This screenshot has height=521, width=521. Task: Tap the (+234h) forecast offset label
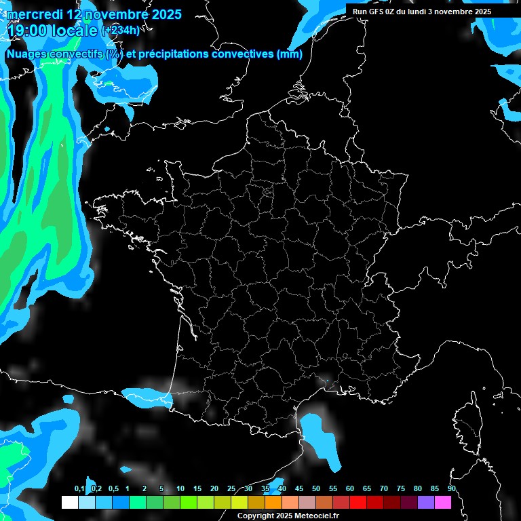tap(120, 30)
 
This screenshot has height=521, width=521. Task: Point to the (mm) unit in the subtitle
tap(289, 54)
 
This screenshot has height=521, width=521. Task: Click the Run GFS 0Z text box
tap(422, 12)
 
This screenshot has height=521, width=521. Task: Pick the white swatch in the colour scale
tap(69, 502)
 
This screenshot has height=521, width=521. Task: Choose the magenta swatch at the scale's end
tap(443, 502)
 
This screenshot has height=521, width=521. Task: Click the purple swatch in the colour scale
tap(426, 502)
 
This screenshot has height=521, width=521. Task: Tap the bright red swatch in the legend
tap(358, 502)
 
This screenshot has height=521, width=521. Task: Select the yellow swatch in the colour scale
tap(239, 502)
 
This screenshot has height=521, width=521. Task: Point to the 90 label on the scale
tap(451, 488)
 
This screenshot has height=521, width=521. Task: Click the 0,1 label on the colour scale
tap(79, 488)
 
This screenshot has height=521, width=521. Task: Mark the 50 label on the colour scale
tap(316, 488)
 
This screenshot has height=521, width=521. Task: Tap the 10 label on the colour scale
tap(180, 488)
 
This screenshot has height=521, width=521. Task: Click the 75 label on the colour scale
tap(401, 488)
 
